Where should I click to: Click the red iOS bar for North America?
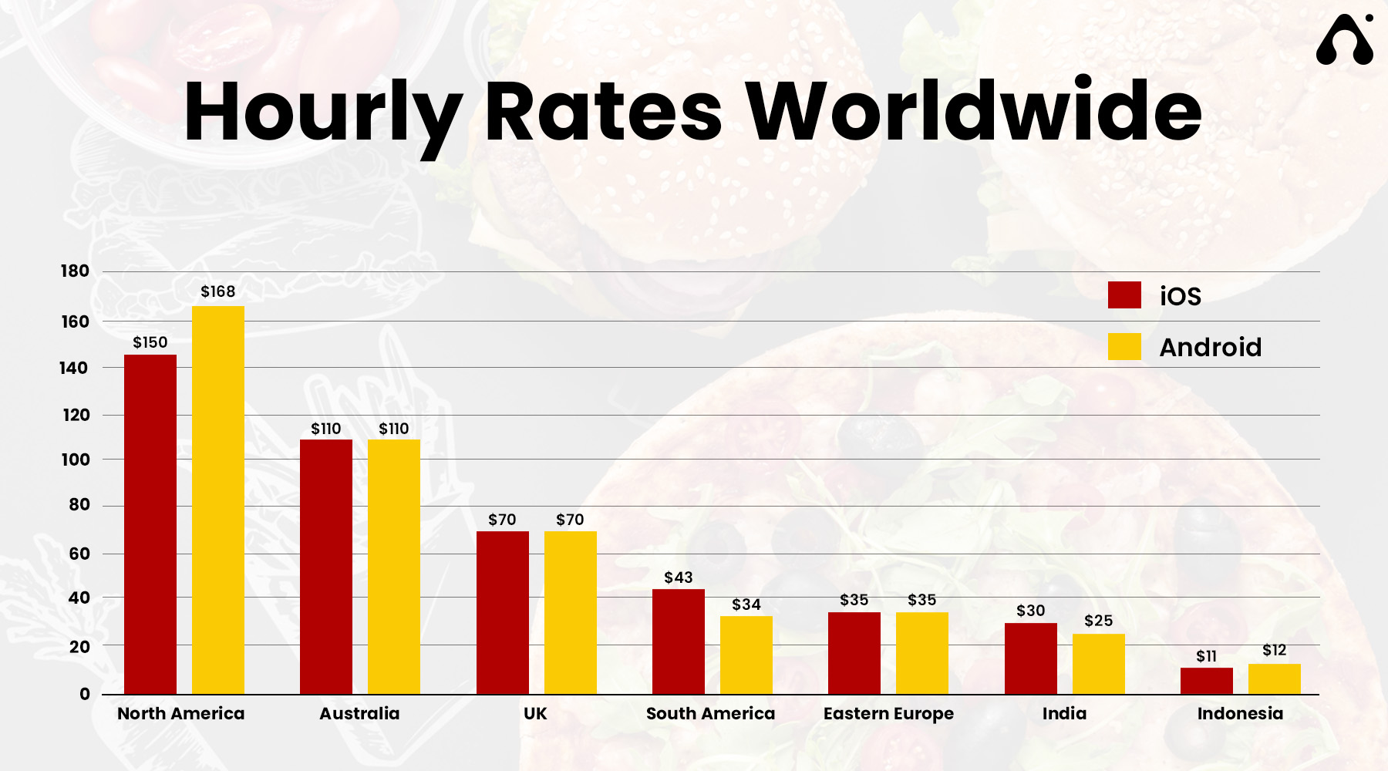pyautogui.click(x=150, y=524)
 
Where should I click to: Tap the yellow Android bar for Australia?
pyautogui.click(x=394, y=567)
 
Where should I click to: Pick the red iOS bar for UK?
pyautogui.click(x=503, y=613)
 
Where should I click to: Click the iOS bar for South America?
pyautogui.click(x=679, y=641)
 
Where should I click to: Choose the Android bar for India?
pyautogui.click(x=1099, y=664)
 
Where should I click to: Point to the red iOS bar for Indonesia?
pyautogui.click(x=1207, y=681)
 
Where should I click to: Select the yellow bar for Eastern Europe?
pyautogui.click(x=922, y=653)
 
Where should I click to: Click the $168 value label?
pyautogui.click(x=218, y=291)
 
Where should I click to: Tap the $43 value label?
pyautogui.click(x=679, y=577)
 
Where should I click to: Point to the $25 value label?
pyautogui.click(x=1099, y=621)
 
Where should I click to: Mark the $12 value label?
pyautogui.click(x=1275, y=650)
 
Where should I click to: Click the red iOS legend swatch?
pyautogui.click(x=1124, y=295)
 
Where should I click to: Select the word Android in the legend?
pyautogui.click(x=1211, y=347)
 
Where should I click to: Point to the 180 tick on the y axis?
pyautogui.click(x=75, y=271)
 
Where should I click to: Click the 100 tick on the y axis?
pyautogui.click(x=75, y=460)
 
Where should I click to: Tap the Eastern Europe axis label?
pyautogui.click(x=888, y=714)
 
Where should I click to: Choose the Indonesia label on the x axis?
pyautogui.click(x=1240, y=714)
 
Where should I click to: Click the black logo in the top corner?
pyautogui.click(x=1345, y=40)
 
